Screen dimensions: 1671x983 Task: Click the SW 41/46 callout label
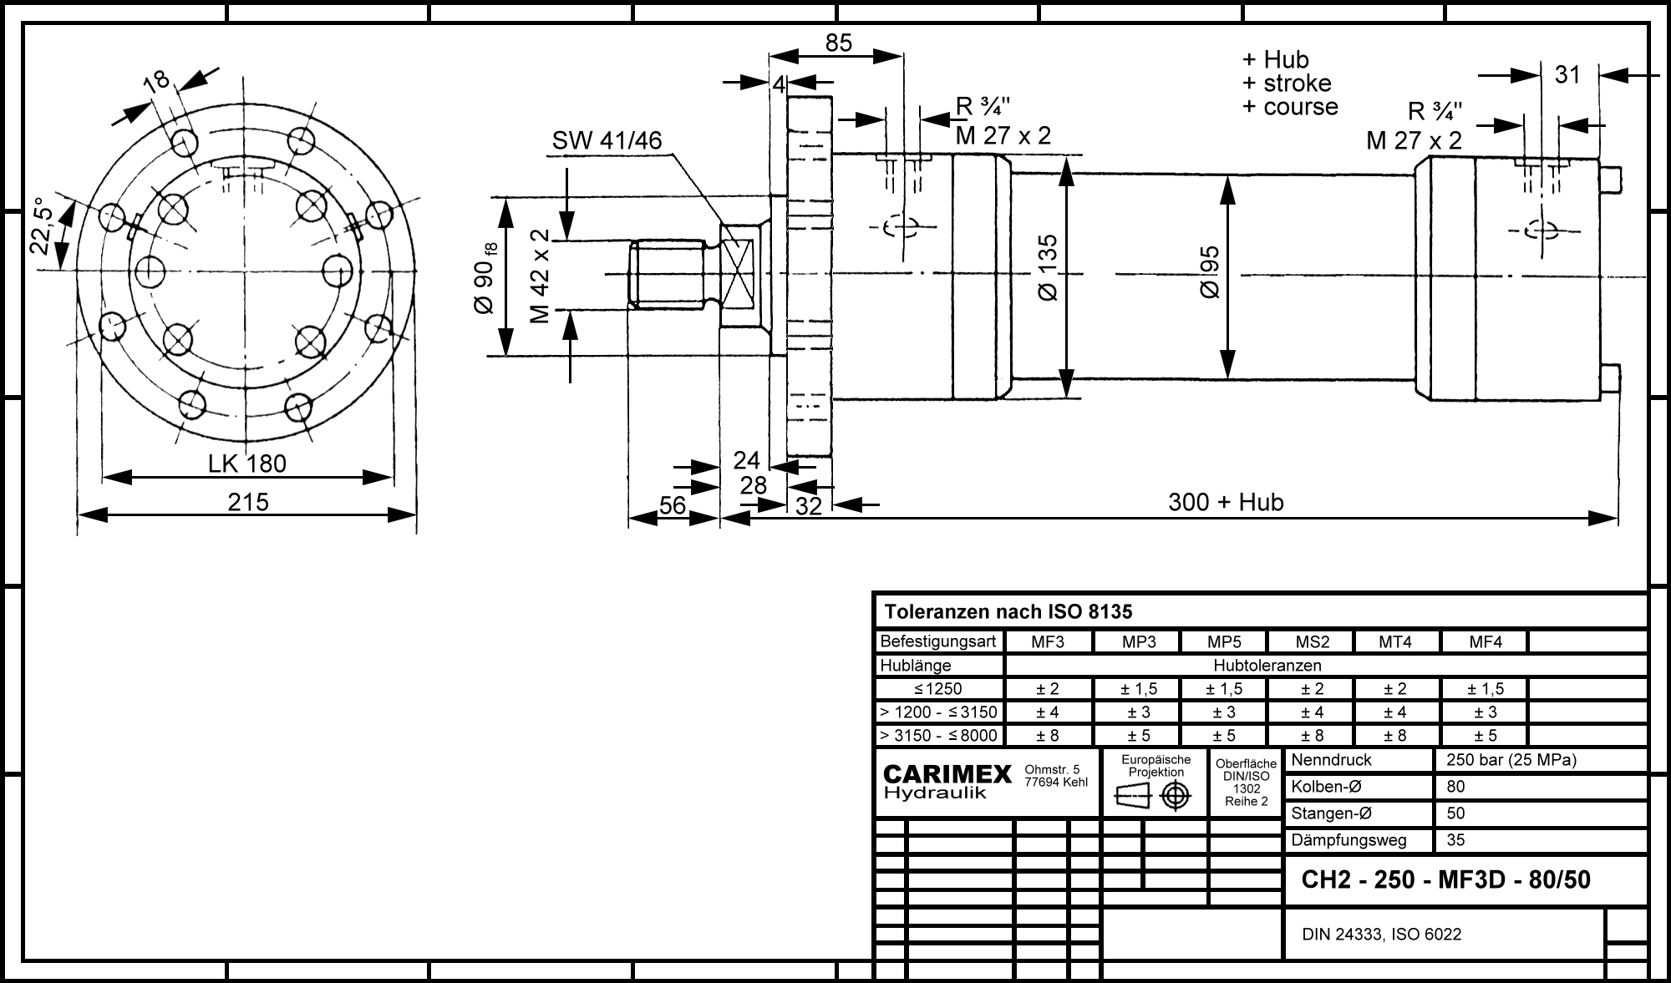[607, 140]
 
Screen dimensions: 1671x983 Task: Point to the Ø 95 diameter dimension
[1210, 272]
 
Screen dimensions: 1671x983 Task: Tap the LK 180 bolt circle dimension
[247, 464]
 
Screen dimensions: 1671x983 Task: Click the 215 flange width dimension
[248, 502]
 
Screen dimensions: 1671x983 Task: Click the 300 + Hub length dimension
[1226, 502]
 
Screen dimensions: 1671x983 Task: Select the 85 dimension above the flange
[838, 43]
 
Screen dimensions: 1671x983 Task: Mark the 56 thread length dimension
[673, 505]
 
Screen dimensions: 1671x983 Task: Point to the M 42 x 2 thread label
[540, 276]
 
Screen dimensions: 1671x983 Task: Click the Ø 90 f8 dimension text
[486, 277]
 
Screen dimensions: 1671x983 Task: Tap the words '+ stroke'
[1287, 84]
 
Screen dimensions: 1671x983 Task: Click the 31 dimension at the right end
[1567, 75]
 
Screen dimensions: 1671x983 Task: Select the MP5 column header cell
[1224, 642]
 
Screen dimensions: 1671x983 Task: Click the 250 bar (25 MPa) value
[1511, 760]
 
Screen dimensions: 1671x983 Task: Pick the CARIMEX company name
[947, 775]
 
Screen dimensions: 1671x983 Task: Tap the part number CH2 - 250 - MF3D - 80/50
[1446, 880]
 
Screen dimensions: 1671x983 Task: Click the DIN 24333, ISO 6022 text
[1382, 935]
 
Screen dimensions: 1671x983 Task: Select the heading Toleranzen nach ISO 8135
[1008, 612]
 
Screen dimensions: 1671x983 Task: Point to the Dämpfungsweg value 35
[1455, 840]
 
